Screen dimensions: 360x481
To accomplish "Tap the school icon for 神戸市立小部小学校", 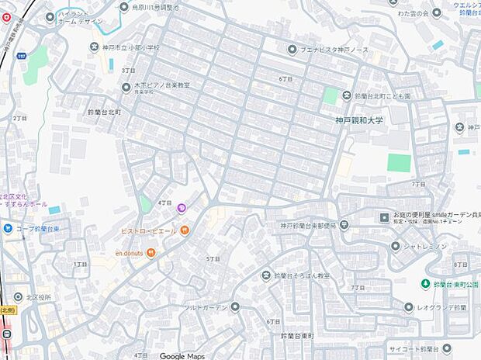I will (x=96, y=48).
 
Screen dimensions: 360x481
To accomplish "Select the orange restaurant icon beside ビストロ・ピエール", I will (x=185, y=230).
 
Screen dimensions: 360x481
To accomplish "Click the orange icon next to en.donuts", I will (x=151, y=252).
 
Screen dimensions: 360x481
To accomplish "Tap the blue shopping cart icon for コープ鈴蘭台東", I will (x=7, y=228).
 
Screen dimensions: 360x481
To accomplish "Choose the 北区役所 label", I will (x=38, y=297).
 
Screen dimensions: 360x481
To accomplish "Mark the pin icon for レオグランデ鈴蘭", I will (x=409, y=307).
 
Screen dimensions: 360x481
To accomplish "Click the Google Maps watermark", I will (x=182, y=355).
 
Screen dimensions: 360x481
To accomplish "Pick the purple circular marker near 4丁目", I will (x=182, y=207).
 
